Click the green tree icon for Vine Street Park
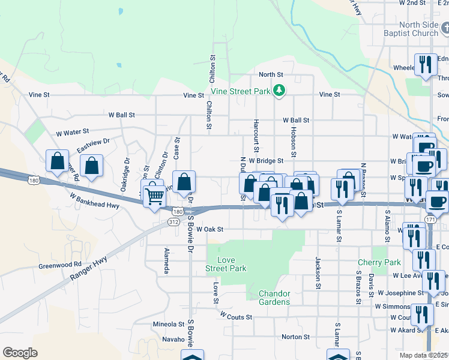[279, 90]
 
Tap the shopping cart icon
[155, 195]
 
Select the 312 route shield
[173, 222]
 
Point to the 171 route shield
[430, 221]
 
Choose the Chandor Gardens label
[274, 298]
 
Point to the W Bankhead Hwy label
[94, 200]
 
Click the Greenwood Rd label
[59, 265]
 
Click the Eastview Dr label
[92, 143]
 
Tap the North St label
[270, 74]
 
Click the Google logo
[20, 353]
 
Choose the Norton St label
[295, 337]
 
